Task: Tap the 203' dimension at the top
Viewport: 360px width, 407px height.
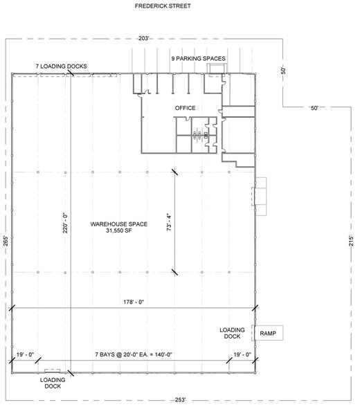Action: [x=145, y=38]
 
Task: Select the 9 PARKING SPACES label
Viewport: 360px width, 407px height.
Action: [x=199, y=58]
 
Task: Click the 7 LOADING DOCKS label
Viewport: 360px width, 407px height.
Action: [x=62, y=66]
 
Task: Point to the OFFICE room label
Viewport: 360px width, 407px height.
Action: [x=186, y=108]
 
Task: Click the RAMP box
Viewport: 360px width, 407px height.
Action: [x=268, y=334]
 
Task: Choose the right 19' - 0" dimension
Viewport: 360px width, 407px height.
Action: [x=242, y=355]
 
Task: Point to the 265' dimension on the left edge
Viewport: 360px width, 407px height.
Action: [x=6, y=244]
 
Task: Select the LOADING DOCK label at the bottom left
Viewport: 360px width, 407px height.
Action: [x=53, y=383]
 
